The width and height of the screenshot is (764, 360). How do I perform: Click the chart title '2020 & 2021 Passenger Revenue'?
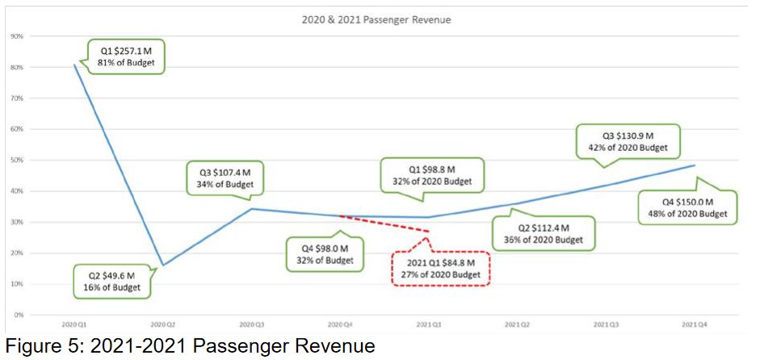point(383,19)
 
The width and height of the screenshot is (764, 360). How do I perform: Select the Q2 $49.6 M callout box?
point(112,281)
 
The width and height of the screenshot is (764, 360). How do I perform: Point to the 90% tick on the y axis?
point(16,36)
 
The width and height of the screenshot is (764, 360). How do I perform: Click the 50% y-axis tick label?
point(16,160)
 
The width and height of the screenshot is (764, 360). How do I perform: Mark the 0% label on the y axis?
point(18,315)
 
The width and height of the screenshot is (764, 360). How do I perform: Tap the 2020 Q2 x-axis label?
point(163,324)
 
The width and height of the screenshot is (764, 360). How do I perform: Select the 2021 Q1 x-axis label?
point(427,324)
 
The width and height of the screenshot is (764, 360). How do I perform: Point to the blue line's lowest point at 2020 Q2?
point(163,265)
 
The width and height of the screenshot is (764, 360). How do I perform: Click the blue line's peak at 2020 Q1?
point(75,65)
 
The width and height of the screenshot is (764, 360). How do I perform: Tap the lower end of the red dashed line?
point(427,232)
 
